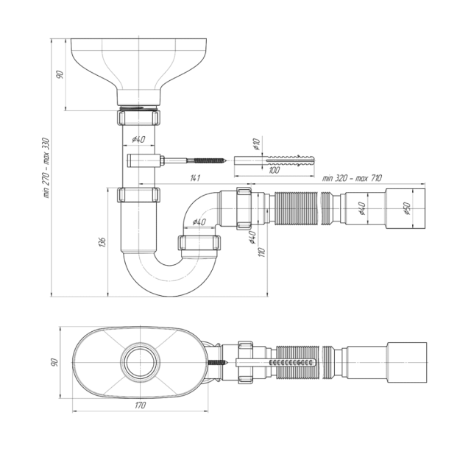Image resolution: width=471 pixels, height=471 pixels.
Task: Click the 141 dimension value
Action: (194, 177)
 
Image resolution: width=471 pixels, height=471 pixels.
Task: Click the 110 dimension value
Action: (261, 252)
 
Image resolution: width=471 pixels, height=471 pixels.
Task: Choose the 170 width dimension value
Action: (141, 405)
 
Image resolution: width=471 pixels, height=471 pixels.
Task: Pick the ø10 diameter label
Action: (257, 146)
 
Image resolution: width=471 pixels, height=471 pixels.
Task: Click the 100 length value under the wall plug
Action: (275, 170)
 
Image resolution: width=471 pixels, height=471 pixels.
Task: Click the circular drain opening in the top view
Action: (139, 363)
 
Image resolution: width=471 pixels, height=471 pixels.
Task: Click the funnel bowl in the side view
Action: (140, 63)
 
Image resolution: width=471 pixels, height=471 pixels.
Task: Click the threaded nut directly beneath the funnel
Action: (140, 118)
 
